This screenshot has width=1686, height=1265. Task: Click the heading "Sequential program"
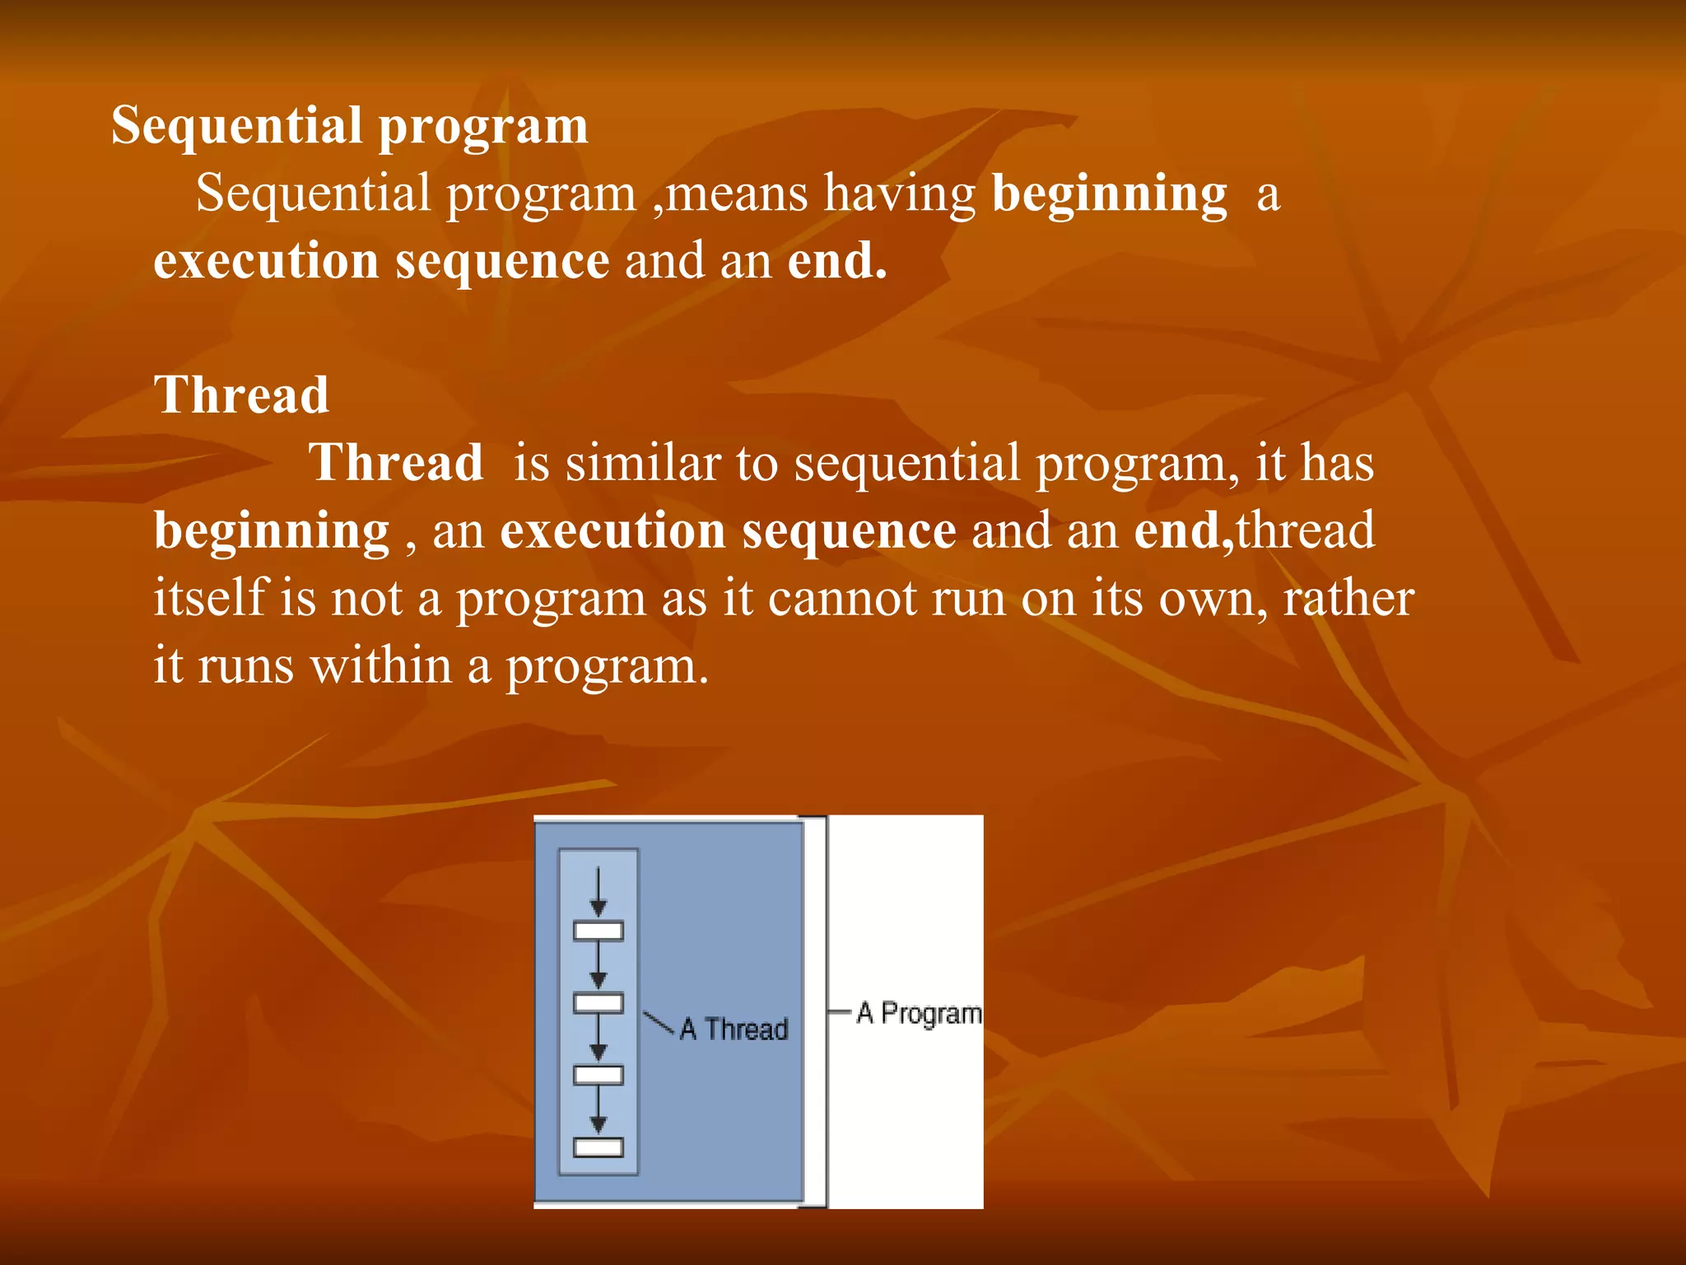pos(350,126)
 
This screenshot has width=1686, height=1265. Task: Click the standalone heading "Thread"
pos(241,394)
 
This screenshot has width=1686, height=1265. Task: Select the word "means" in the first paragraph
pos(738,194)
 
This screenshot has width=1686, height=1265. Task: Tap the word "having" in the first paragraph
pos(900,195)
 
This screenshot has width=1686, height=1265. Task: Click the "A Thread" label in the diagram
pos(734,1029)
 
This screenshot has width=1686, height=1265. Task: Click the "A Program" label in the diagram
pos(919,1012)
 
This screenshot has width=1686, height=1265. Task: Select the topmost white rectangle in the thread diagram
pos(598,931)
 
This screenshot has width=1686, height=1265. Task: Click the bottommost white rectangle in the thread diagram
pos(598,1147)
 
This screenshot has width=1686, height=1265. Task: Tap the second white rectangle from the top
pos(598,1003)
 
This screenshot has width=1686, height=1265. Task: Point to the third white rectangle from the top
pos(598,1075)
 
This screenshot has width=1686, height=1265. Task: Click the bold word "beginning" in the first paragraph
pos(1109,195)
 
